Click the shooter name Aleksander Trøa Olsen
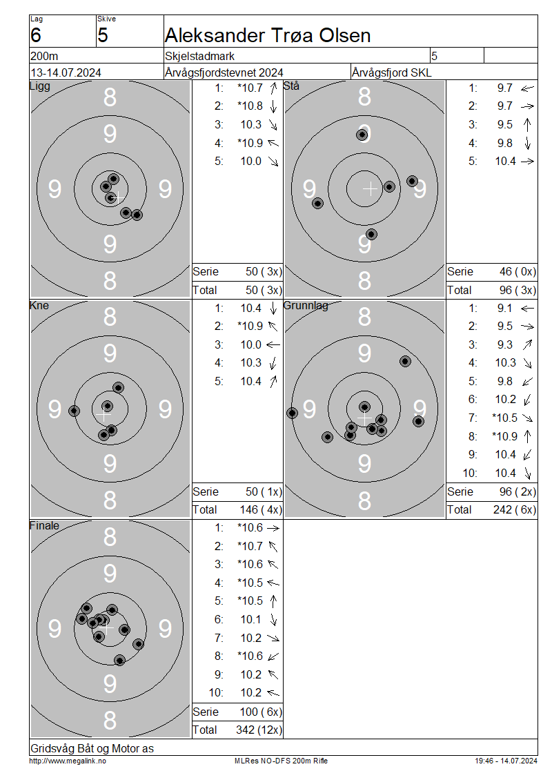(x=268, y=35)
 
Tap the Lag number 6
(x=36, y=35)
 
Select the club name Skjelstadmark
(x=199, y=56)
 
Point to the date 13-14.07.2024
(x=66, y=72)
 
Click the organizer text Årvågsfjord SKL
(x=391, y=72)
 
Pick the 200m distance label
(x=44, y=56)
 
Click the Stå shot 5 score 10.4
(x=505, y=161)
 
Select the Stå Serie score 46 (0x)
(x=517, y=271)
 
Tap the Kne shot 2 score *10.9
(x=250, y=326)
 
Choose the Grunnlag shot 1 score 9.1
(x=505, y=309)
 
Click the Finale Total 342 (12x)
(x=259, y=730)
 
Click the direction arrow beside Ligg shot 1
(x=273, y=88)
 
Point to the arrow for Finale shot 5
(x=273, y=601)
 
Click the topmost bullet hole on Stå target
(x=362, y=135)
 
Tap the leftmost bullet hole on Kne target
(x=74, y=411)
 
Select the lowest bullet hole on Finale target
(x=119, y=661)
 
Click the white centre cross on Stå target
(x=370, y=189)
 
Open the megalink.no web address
(x=68, y=761)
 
